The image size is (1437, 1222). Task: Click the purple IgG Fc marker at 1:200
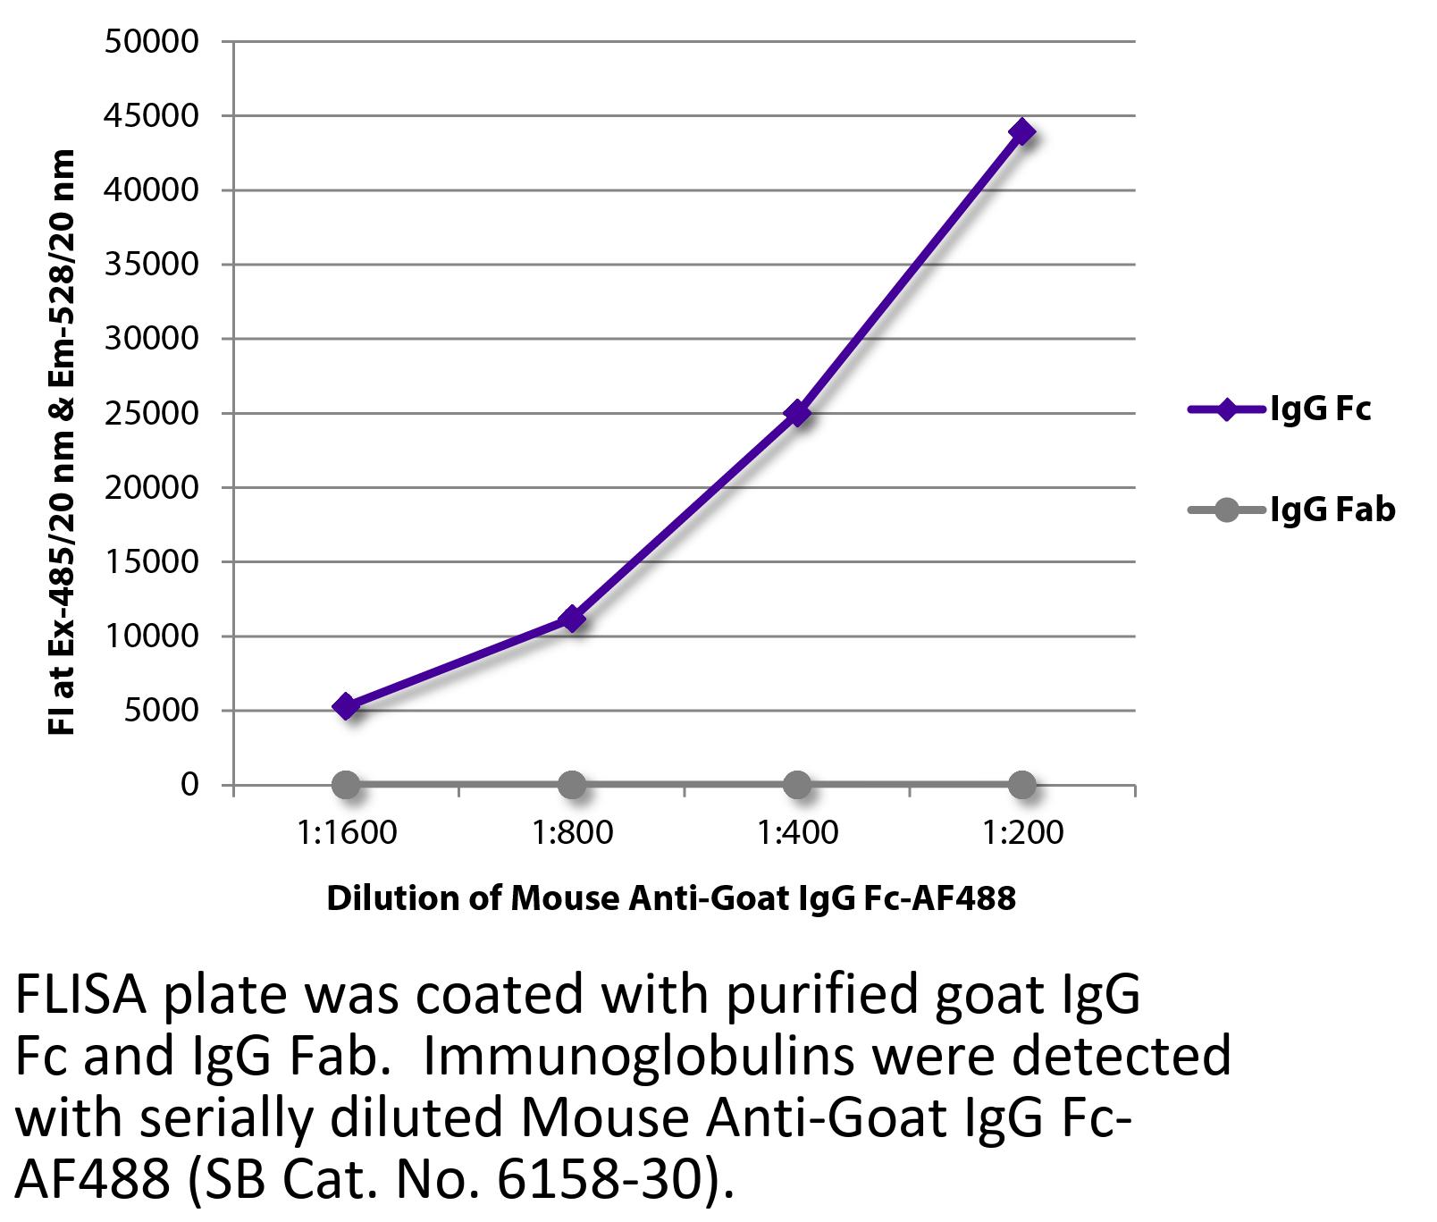(1022, 132)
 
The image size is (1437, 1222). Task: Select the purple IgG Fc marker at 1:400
(797, 413)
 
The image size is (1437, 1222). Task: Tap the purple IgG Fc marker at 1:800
(572, 618)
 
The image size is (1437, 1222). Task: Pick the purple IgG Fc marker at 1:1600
(346, 706)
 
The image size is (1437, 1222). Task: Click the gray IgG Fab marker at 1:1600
(346, 786)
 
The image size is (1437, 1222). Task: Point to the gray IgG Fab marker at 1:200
(1022, 786)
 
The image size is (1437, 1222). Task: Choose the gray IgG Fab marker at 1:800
(572, 786)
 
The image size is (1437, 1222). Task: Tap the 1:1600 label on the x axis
(346, 833)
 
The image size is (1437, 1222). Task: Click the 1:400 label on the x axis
(797, 833)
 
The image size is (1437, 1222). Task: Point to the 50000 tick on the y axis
(151, 42)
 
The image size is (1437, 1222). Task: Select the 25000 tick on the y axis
(151, 413)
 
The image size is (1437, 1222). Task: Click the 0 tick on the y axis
(189, 785)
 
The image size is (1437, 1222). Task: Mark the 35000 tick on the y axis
(151, 265)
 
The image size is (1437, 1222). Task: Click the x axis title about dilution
(671, 898)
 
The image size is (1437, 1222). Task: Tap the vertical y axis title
(61, 442)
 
